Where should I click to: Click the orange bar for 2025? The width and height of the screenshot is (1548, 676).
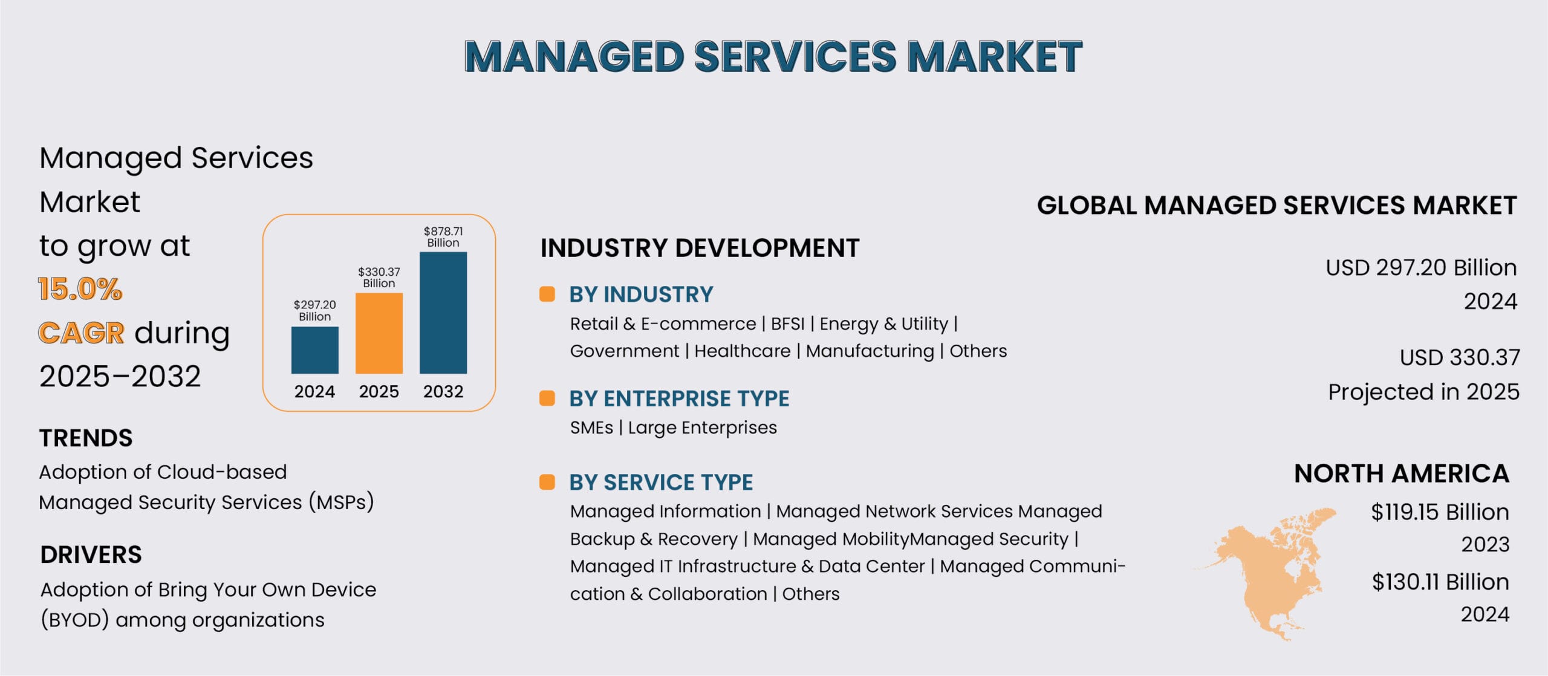(379, 333)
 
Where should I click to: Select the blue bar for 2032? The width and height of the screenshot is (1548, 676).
(443, 313)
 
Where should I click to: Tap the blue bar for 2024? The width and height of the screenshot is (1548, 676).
(315, 350)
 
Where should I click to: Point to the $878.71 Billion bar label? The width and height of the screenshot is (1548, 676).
(443, 237)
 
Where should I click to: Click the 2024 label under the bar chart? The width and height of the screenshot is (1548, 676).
(315, 392)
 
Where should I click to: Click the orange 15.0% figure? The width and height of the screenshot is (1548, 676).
(80, 289)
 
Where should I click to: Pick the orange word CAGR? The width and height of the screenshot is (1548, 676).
(82, 333)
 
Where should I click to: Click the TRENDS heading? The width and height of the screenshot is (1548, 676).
(86, 438)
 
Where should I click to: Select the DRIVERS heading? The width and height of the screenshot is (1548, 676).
(91, 555)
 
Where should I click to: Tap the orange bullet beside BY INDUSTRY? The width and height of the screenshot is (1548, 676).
(547, 294)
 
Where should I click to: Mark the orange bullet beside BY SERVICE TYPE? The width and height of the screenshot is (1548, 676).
(547, 482)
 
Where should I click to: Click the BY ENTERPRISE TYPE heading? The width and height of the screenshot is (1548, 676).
(679, 399)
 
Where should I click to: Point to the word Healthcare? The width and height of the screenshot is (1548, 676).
(743, 351)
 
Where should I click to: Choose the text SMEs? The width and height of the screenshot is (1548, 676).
(591, 428)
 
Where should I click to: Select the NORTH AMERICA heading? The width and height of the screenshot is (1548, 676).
(1402, 473)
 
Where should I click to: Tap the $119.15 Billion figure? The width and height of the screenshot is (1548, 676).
(1440, 512)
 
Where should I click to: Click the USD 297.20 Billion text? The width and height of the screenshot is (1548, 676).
(1422, 268)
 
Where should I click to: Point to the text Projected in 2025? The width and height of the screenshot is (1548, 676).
(1423, 392)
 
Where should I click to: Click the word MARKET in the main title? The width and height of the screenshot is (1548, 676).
(995, 56)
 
